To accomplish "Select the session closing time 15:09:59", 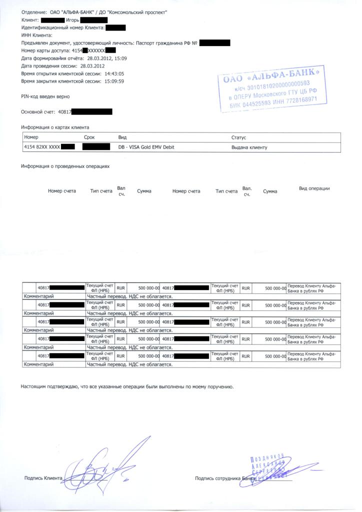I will point(114,81).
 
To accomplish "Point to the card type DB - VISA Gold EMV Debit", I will point(146,147).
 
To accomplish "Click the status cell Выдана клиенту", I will point(249,147).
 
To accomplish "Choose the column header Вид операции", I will point(314,188).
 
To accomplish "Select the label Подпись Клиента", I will point(43,478).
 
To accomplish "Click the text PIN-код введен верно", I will point(45,95).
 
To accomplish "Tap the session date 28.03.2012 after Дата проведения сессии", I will point(92,66).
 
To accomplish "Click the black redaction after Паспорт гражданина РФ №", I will point(214,43).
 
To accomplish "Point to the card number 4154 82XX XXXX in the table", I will point(42,147).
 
